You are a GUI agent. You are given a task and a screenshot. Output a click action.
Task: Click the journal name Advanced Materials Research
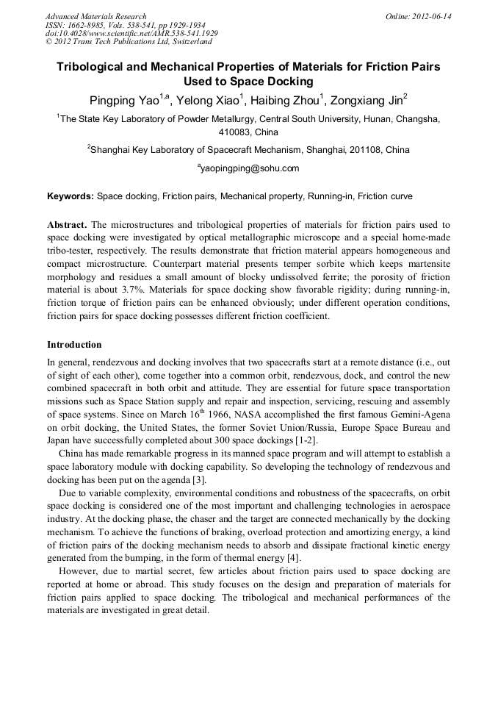tap(95, 16)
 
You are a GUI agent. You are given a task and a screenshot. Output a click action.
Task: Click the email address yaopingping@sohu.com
tap(249, 168)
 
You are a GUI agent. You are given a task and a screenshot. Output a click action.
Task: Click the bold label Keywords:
tap(71, 197)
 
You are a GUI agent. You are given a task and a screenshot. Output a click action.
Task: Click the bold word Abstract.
tap(66, 224)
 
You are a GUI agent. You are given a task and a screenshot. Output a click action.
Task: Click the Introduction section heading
tap(74, 345)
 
